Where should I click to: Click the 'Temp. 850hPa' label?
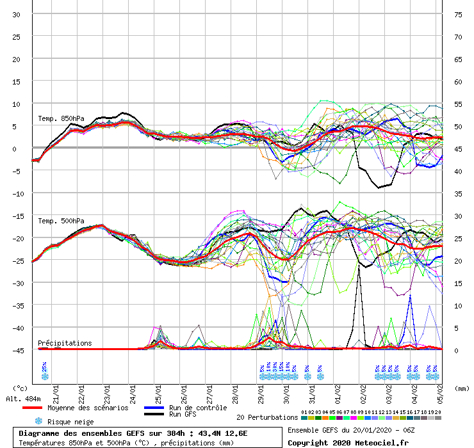(x=61, y=118)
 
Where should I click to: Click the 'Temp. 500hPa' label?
(x=61, y=221)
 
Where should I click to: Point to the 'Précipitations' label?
(x=64, y=343)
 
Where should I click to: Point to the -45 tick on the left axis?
(x=19, y=350)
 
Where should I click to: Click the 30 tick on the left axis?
(x=16, y=14)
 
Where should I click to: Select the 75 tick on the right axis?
(x=457, y=14)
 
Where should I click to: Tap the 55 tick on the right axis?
(x=457, y=104)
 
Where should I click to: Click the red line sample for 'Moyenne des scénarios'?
(x=41, y=408)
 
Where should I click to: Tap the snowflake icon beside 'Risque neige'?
(x=38, y=421)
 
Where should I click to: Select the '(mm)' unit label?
(x=462, y=388)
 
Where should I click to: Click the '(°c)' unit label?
(x=20, y=388)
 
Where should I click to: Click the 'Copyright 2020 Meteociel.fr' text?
(x=348, y=442)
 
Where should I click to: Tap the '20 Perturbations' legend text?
(x=266, y=417)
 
